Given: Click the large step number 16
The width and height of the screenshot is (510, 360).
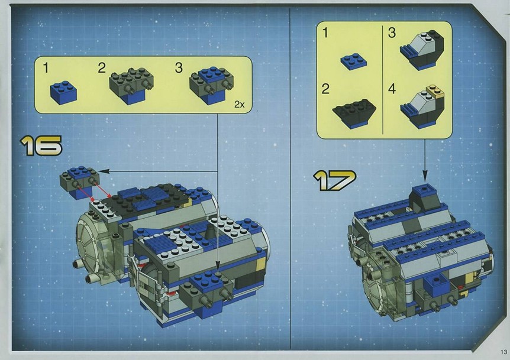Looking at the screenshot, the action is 41,145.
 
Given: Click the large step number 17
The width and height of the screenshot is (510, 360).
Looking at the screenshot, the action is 335,180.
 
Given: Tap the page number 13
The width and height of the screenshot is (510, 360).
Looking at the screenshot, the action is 504,352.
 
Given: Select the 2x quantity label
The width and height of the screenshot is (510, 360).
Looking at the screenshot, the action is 240,104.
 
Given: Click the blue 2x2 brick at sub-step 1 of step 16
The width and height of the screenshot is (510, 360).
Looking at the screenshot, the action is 64,92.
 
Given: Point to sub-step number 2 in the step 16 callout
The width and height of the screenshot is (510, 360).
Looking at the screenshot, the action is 102,68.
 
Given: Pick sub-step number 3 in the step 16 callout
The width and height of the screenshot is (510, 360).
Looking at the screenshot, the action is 179,67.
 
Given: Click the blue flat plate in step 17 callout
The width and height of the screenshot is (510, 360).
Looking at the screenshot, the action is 354,61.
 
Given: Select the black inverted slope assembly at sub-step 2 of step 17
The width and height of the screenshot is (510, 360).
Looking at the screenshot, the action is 354,113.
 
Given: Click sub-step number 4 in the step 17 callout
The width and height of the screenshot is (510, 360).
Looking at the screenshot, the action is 392,89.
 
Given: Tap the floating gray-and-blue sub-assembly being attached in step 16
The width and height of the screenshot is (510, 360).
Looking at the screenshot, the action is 79,181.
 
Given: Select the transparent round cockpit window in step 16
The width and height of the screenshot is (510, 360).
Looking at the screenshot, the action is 96,250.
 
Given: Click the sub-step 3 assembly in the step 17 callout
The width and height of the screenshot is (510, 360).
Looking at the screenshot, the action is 422,50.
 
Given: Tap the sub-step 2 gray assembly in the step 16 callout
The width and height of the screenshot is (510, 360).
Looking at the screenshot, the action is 132,85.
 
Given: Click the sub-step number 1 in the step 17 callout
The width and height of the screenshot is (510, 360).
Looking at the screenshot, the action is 325,33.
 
